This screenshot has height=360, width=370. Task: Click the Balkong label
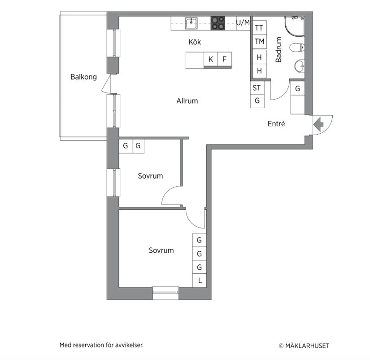pos(83,77)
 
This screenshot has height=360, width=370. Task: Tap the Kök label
pos(195,42)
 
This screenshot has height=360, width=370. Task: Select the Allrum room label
pos(187,101)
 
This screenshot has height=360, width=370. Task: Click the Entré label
pos(276,124)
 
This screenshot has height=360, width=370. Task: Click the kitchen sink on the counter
pos(192,22)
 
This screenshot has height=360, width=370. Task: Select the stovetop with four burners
pos(218,23)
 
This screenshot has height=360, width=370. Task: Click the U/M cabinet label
pos(243,22)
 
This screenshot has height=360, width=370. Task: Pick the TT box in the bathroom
pos(259,28)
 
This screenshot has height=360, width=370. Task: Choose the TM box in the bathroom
pos(259,42)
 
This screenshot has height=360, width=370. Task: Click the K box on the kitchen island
pos(210,59)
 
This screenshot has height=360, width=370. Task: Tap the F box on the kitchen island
pos(224,59)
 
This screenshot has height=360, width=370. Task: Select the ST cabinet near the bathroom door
pos(257,88)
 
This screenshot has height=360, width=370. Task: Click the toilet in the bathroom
pos(297,47)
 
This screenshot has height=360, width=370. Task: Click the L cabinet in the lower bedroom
pos(200,281)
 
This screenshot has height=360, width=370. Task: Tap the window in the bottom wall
pos(165,293)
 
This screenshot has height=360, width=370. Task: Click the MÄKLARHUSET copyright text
pos(307,346)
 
